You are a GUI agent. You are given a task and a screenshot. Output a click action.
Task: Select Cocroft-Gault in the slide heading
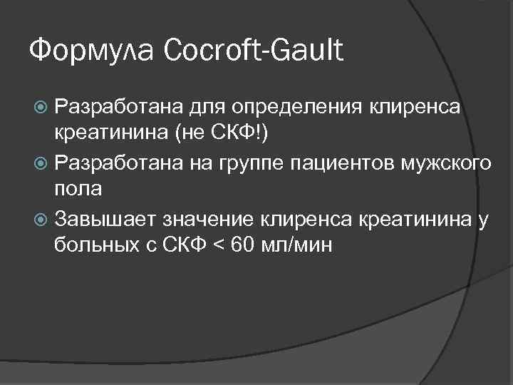[254, 51]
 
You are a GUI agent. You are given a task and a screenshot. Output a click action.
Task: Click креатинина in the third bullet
[420, 218]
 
